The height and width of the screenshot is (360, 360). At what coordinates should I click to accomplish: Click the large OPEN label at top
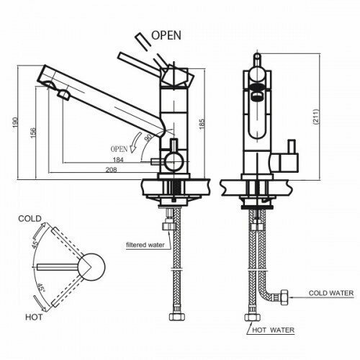(x=166, y=35)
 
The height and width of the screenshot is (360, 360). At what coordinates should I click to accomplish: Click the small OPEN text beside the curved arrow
(x=119, y=149)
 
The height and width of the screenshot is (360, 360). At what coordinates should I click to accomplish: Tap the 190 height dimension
(x=15, y=122)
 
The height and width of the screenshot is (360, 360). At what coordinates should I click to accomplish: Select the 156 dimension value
(x=33, y=132)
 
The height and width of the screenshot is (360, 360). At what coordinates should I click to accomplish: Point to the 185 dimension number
(x=202, y=123)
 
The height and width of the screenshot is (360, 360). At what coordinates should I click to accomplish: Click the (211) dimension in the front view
(x=316, y=117)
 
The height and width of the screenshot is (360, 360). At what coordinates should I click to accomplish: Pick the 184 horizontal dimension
(x=118, y=160)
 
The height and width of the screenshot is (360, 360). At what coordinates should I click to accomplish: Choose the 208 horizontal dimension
(x=112, y=170)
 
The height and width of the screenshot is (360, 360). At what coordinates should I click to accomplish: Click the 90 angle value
(x=148, y=138)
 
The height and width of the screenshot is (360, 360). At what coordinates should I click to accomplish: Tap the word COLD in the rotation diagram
(x=30, y=219)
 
